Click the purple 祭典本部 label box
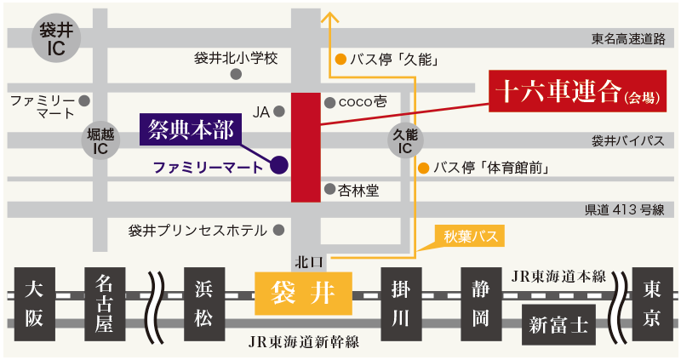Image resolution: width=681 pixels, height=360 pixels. [190, 129]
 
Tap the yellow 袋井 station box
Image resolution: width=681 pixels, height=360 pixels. [303, 294]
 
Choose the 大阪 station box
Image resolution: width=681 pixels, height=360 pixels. [33, 302]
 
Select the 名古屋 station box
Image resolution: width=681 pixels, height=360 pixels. [106, 302]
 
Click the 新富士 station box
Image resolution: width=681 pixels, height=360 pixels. [558, 324]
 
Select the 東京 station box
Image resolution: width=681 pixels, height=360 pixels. [651, 302]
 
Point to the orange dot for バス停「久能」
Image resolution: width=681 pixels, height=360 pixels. [340, 60]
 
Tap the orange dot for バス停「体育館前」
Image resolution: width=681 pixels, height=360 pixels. [423, 168]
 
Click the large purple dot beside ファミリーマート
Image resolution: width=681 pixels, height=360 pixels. [278, 164]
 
